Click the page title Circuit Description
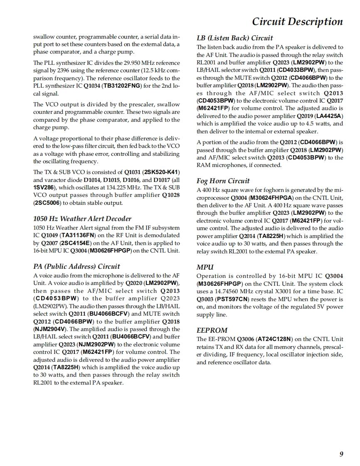tap(297, 22)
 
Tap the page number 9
tap(341, 454)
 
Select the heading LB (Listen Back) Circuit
tap(234, 38)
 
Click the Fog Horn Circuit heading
tap(223, 181)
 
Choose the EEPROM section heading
tap(212, 330)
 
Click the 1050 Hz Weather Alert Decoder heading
tap(82, 218)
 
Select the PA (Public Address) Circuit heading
tap(76, 266)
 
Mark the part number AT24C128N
tap(277, 339)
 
